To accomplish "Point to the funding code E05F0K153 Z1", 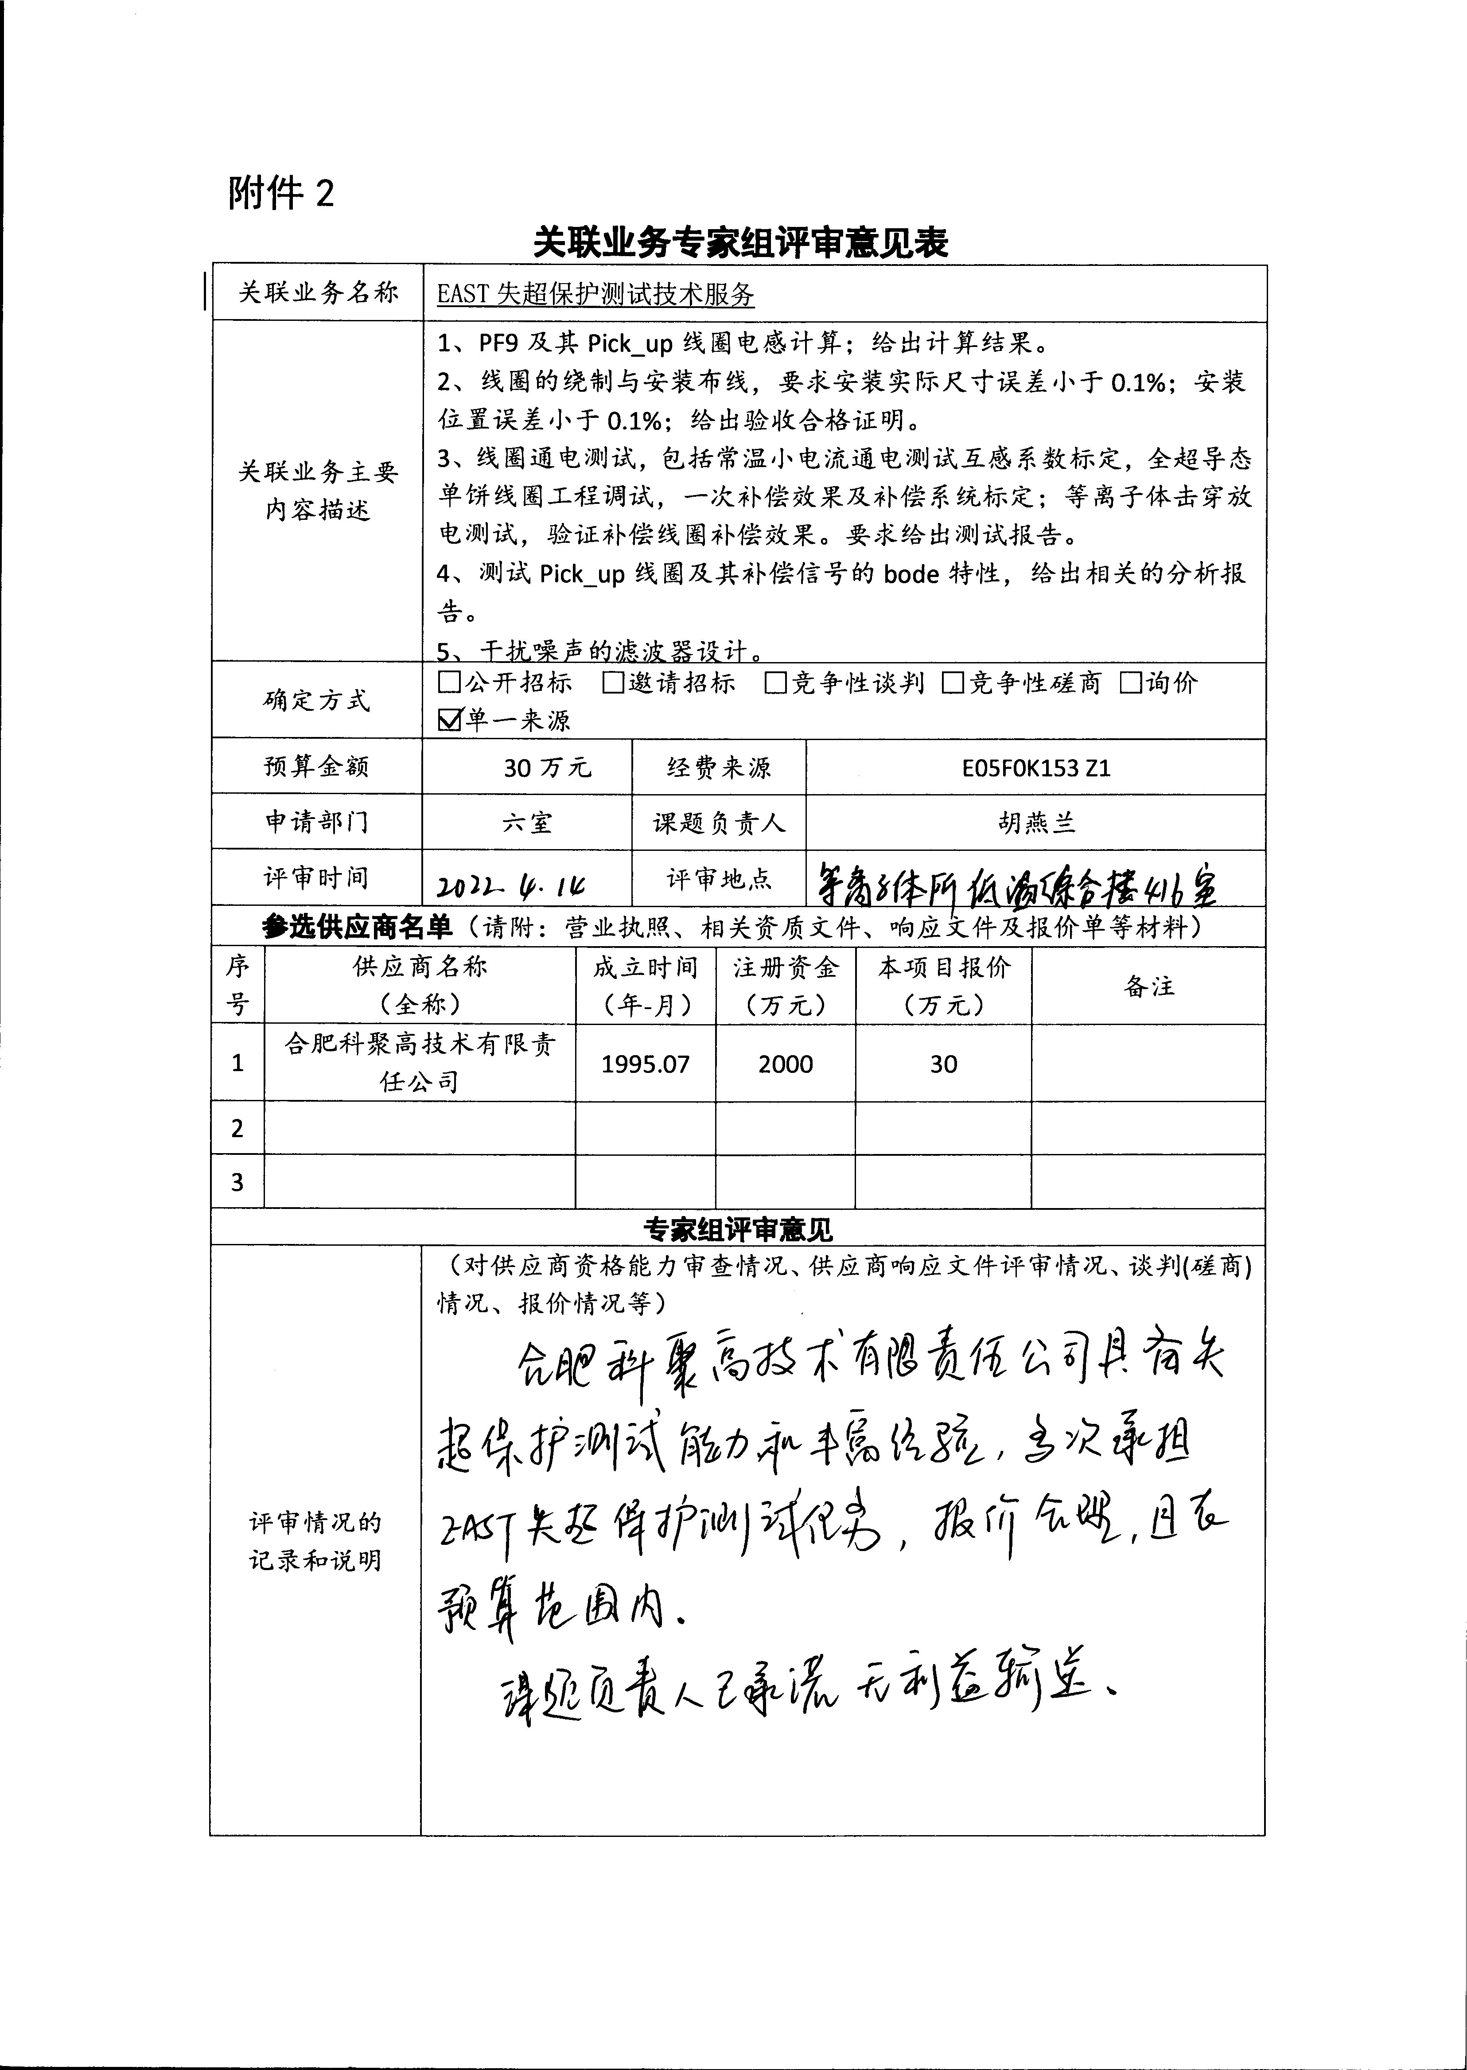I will coord(1036,767).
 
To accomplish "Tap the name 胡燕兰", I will coord(1036,822).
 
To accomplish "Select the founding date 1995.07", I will coord(645,1064).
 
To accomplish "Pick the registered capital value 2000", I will coord(785,1064).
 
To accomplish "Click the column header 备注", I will coord(1148,986).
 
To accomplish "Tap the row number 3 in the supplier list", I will coord(237,1182).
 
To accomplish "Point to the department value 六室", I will coord(527,822).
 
